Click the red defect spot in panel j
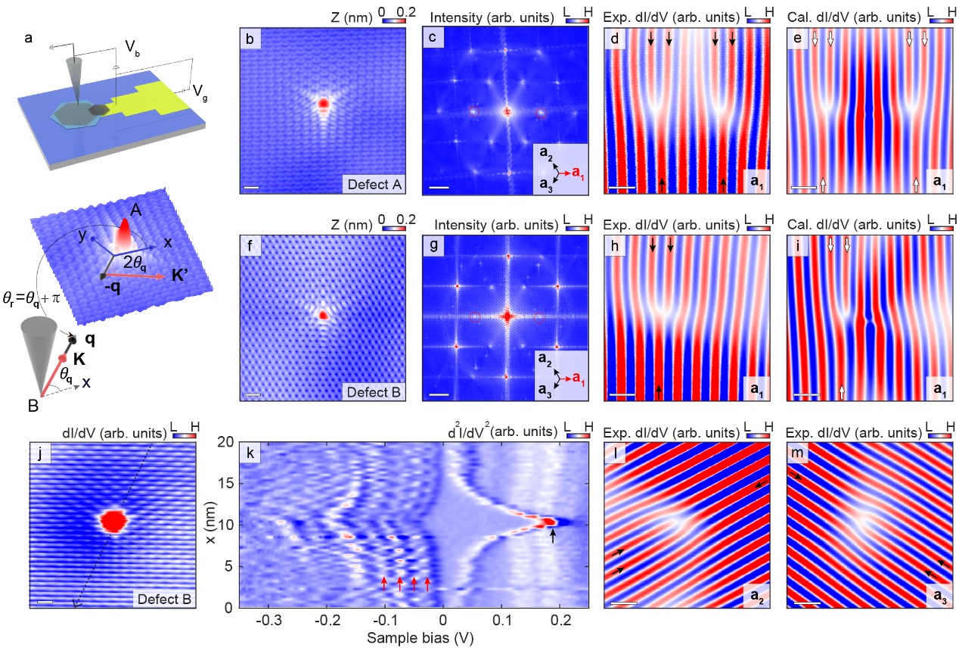[x=114, y=521]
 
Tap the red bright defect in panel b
[x=323, y=103]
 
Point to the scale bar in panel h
[x=622, y=395]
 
